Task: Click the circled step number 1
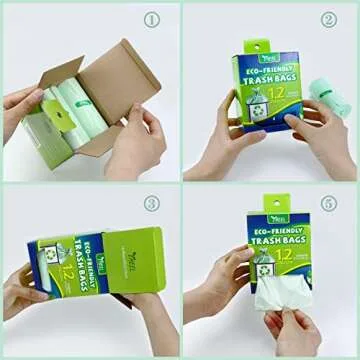point(152,19)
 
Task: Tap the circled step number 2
point(329,19)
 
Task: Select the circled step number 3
point(152,203)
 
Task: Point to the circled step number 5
point(329,203)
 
